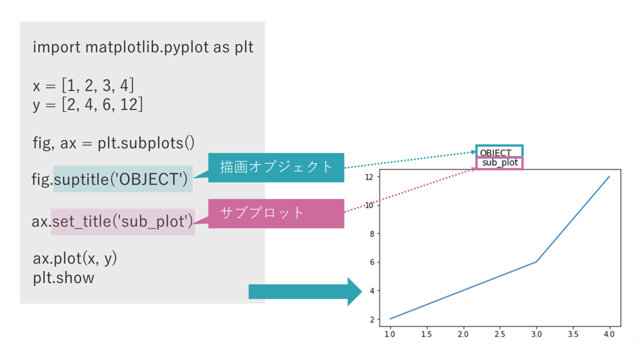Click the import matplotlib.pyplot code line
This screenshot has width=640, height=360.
click(x=143, y=47)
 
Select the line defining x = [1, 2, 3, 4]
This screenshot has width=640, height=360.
click(x=83, y=85)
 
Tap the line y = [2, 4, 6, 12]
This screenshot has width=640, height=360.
click(x=88, y=104)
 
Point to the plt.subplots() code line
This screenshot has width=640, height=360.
click(x=113, y=143)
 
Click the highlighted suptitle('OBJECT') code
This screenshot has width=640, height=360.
click(x=123, y=179)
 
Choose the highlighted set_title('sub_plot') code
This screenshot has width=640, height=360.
click(x=123, y=221)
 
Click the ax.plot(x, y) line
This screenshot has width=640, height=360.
click(x=75, y=258)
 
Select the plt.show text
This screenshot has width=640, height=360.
click(x=64, y=277)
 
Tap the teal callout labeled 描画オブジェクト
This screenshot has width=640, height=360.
click(x=276, y=167)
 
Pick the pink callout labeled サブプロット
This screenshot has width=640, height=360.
click(x=276, y=213)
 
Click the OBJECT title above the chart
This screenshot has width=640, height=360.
click(x=496, y=152)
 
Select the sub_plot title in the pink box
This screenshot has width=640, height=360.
click(x=500, y=162)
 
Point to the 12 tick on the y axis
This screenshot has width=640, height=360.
click(x=370, y=177)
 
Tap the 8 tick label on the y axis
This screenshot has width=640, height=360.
click(x=372, y=234)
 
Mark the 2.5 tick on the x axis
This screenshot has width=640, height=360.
click(x=500, y=334)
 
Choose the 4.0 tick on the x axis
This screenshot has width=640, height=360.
click(x=609, y=334)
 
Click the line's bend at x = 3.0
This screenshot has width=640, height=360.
click(x=536, y=262)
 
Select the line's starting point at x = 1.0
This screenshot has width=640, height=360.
click(x=390, y=319)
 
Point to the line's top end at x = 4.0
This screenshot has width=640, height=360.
click(x=609, y=176)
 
